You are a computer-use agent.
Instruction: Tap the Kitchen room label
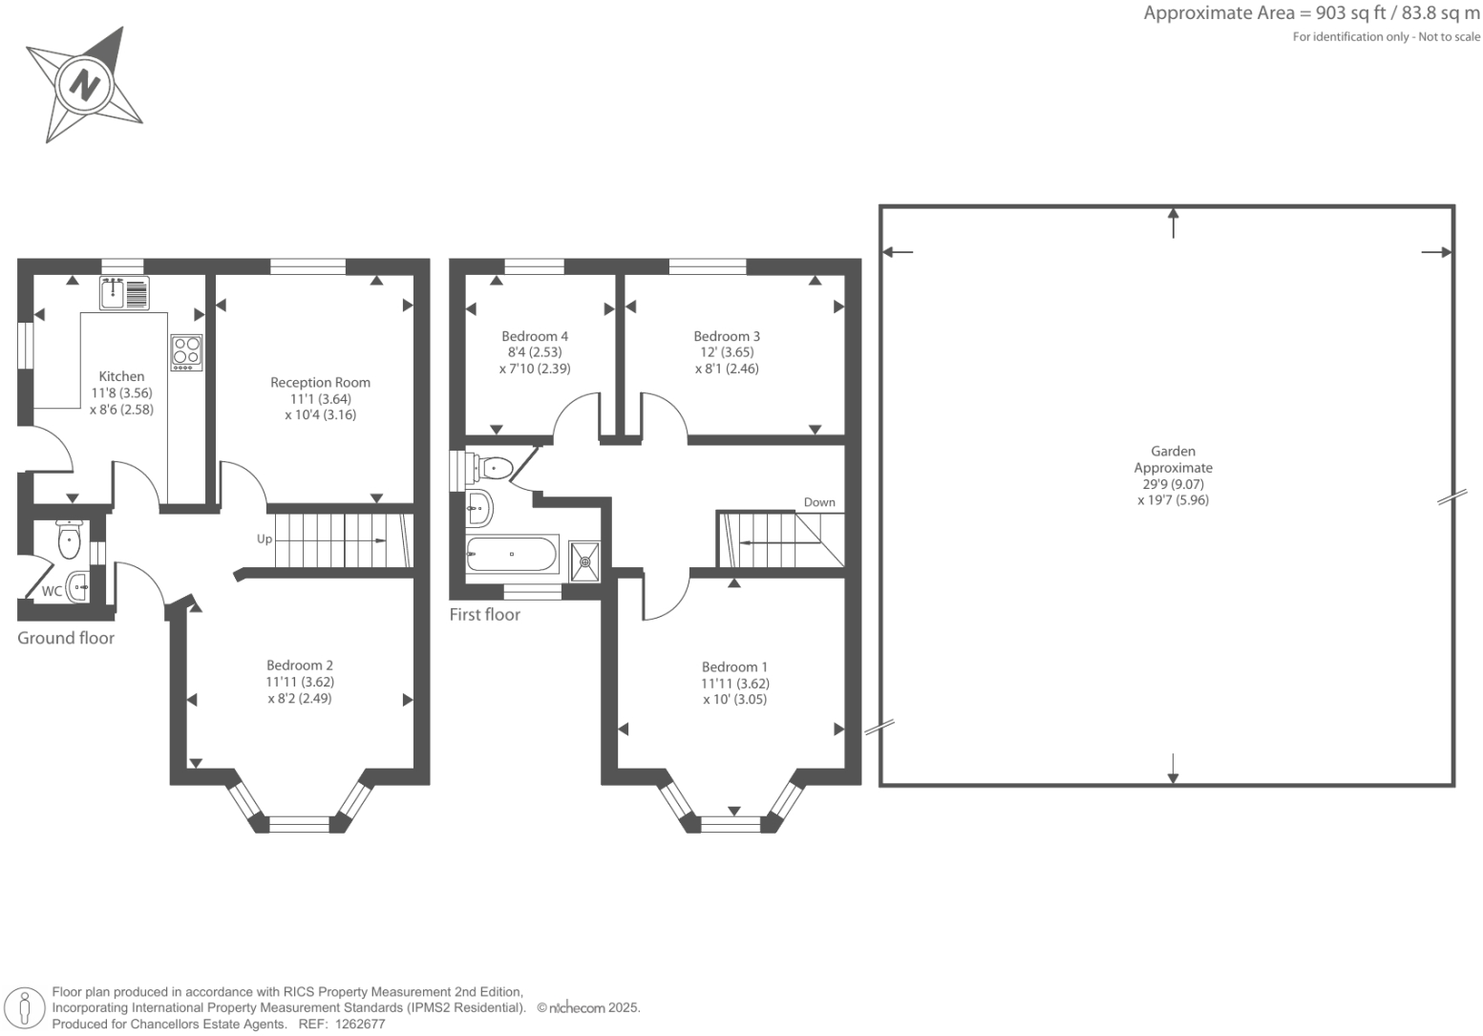(122, 376)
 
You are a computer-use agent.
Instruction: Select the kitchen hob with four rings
(187, 352)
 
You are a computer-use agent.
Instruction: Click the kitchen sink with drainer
(124, 292)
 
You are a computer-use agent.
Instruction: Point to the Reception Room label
(320, 382)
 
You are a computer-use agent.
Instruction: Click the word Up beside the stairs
(265, 539)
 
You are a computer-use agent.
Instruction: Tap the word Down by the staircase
(819, 502)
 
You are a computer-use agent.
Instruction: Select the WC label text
(52, 591)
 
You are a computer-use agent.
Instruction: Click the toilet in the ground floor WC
(69, 540)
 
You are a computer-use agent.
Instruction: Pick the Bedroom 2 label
(300, 666)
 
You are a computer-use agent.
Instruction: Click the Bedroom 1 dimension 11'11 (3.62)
(735, 684)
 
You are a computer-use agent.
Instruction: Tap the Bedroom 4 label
(535, 336)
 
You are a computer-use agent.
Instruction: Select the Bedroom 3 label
(727, 336)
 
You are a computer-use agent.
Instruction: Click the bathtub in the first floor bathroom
(511, 554)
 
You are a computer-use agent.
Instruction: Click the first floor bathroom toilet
(494, 467)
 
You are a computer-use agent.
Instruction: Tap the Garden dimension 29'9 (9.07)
(1173, 484)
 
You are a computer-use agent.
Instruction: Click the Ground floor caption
(66, 638)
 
